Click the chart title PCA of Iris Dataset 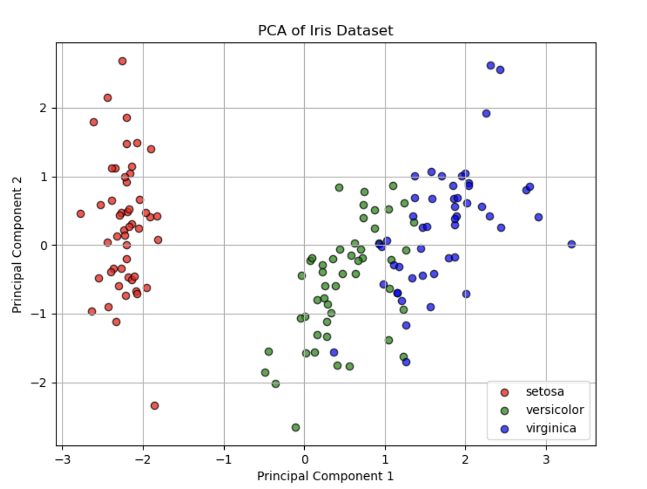click(326, 30)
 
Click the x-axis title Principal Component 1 click(326, 476)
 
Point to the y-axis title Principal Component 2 click(17, 245)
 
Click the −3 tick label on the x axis click(63, 460)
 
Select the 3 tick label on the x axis click(546, 460)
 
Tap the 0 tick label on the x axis click(305, 460)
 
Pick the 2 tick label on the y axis click(43, 108)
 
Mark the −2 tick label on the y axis click(39, 383)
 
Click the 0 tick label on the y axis click(44, 245)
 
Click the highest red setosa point click(123, 61)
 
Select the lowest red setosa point click(155, 406)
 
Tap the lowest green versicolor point click(296, 427)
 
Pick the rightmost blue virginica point click(572, 244)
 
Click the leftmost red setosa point click(81, 214)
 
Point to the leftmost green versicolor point click(265, 372)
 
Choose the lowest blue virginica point click(406, 362)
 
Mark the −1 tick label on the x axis click(224, 460)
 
